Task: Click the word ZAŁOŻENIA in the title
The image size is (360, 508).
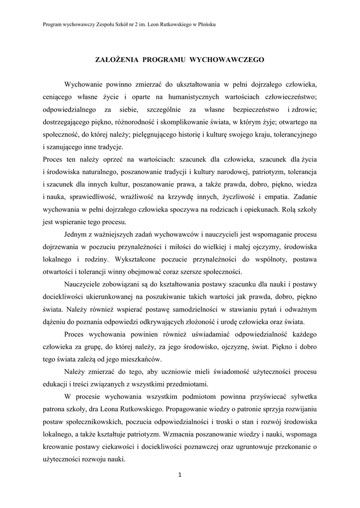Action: click(117, 60)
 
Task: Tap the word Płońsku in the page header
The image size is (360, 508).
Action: click(205, 24)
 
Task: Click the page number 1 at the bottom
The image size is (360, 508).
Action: click(180, 475)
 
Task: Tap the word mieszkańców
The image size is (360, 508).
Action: click(150, 359)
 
